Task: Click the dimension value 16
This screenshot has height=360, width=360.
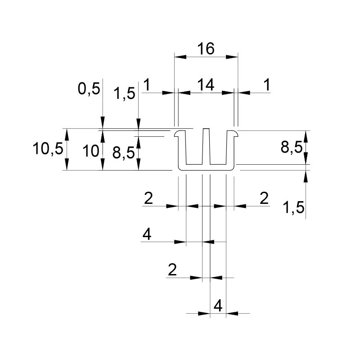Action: (206, 49)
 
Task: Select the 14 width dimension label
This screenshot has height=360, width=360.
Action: (206, 85)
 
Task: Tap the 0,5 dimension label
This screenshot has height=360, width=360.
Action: (89, 89)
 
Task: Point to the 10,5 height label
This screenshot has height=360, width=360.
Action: (48, 148)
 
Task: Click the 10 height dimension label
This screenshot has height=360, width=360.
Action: (91, 151)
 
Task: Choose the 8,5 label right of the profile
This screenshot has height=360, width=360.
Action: (292, 147)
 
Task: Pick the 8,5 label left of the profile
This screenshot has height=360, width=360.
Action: (123, 153)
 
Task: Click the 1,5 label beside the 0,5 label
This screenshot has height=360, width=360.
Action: (125, 94)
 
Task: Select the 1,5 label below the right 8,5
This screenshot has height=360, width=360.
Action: (294, 207)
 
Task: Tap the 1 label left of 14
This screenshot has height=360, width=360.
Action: (147, 85)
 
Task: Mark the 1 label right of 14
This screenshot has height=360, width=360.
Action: (267, 85)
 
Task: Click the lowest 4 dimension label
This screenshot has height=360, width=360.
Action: (218, 306)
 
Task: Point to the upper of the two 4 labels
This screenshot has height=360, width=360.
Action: (147, 234)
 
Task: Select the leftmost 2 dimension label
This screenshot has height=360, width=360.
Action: (148, 198)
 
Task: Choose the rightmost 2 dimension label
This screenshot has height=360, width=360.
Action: (264, 198)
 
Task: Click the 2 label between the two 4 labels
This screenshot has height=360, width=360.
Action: (172, 270)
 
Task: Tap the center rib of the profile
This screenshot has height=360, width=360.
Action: (206, 147)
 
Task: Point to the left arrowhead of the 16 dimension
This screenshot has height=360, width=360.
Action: (180, 57)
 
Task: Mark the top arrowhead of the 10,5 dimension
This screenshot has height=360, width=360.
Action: (67, 135)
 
